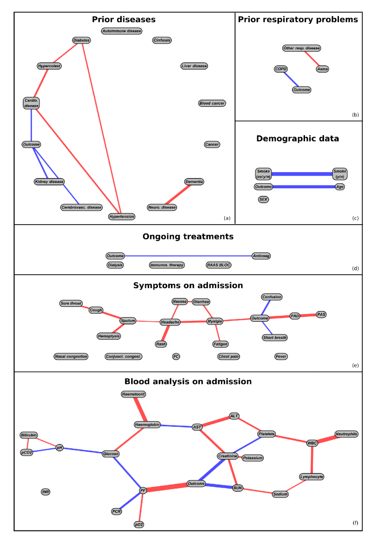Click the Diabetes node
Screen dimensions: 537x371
coord(82,40)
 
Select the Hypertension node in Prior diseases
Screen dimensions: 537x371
coord(122,216)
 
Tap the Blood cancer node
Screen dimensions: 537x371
coord(212,103)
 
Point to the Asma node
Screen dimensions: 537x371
coord(322,69)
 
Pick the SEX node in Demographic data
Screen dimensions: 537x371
coord(263,199)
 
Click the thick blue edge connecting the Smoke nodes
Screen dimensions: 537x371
coord(302,174)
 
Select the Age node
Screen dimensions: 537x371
coord(340,186)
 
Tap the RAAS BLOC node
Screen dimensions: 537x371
coord(218,265)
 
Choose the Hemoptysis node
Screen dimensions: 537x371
coord(109,336)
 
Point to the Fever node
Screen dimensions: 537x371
coord(281,357)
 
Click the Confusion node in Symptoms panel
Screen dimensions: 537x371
coord(272,297)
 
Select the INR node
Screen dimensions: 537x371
coord(46,491)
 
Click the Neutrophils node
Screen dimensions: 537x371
coord(346,434)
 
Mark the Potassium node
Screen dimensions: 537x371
coord(253,458)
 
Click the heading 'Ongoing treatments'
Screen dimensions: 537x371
coord(188,237)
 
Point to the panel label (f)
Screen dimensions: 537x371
coord(355,523)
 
